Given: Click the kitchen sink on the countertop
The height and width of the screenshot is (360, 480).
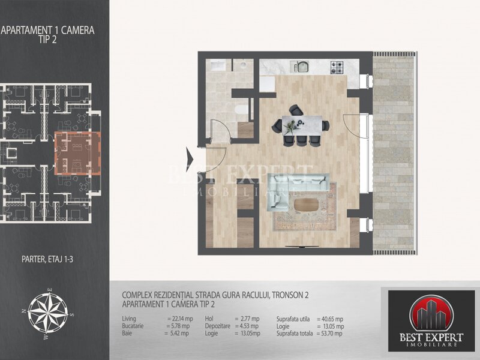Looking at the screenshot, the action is [301, 67].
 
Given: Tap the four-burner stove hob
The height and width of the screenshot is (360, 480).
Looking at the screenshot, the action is [337, 68].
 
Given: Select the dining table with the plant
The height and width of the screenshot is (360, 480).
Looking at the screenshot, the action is [302, 125].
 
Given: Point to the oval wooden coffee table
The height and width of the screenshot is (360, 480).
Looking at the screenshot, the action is [306, 205].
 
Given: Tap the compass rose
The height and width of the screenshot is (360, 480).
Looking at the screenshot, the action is [48, 313].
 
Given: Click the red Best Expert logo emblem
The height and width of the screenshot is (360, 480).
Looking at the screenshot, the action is [431, 314].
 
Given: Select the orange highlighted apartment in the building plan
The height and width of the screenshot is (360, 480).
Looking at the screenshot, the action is [78, 153].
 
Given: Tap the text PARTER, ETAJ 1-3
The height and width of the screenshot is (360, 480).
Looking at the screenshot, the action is [47, 259].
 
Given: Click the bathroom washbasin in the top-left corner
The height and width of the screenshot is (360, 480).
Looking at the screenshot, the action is [217, 65].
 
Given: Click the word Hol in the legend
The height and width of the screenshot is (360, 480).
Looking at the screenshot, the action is [209, 319].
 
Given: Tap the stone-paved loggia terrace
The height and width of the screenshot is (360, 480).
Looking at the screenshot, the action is [394, 153].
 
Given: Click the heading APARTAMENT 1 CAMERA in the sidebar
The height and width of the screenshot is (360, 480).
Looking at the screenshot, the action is [48, 30].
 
